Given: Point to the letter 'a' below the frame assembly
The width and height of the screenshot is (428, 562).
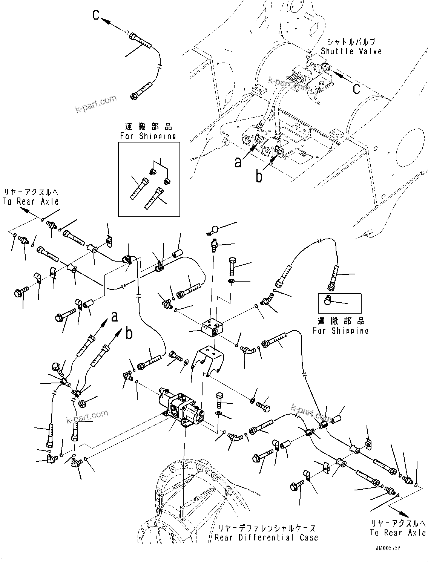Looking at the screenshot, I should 238,162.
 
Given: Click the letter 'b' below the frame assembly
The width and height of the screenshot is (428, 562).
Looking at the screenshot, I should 259,176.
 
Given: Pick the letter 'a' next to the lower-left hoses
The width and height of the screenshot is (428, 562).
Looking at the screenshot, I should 115,317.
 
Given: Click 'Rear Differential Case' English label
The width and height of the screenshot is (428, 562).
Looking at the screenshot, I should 266,537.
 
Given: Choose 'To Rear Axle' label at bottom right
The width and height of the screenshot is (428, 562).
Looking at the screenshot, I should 397,532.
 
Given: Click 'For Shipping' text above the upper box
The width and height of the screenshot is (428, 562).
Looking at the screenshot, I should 148,136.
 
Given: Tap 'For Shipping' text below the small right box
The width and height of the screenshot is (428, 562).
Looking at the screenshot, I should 340,330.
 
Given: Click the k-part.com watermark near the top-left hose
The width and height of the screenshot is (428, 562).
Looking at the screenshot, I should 96,104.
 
